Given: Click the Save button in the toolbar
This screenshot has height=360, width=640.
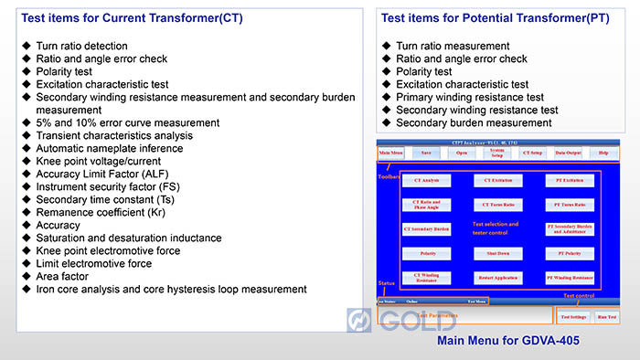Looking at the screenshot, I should coord(426,154).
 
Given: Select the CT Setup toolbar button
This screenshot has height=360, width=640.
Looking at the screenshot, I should coord(531,154).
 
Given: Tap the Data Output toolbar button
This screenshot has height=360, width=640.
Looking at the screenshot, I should coord(567,154).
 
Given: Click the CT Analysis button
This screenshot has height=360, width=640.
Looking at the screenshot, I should coord(426,181).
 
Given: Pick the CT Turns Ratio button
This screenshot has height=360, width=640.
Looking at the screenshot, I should coord(498,205).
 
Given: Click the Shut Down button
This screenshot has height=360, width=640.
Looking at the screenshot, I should coord(498,253).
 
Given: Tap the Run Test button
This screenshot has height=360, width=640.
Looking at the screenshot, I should coord(606,317).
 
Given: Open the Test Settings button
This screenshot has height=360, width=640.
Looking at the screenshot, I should coord(573,317).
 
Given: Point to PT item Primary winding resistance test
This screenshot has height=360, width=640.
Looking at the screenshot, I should coord(470,97).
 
